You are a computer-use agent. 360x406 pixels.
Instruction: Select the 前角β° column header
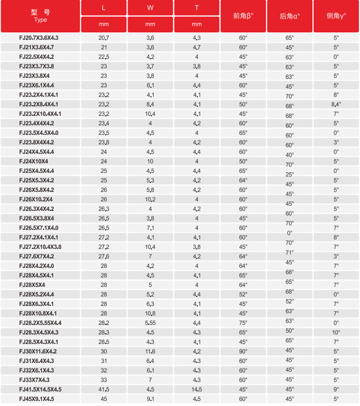pos(243,17)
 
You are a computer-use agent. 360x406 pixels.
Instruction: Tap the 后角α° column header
pos(290,17)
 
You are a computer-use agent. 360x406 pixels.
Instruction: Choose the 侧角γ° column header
pos(336,17)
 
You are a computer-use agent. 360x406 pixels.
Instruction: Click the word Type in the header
pos(40,20)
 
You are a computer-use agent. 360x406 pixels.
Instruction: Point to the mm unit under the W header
pos(150,24)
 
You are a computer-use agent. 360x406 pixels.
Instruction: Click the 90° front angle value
pos(243,352)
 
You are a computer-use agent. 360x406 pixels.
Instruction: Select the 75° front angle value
pos(243,323)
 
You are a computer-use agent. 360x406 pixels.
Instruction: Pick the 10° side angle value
pos(336,332)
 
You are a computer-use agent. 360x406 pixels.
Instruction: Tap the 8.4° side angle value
pos(336,104)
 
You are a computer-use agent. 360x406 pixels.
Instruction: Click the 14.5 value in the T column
pos(197,389)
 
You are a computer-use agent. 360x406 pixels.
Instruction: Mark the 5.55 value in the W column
pos(150,323)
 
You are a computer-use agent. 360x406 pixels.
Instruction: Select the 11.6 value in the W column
pos(150,352)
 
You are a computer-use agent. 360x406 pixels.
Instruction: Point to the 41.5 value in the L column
pos(104,389)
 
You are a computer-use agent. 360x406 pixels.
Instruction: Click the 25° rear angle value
pos(290,174)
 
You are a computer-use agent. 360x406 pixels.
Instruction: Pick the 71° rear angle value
pos(290,253)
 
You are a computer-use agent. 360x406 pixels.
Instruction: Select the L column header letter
pos(104,8)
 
